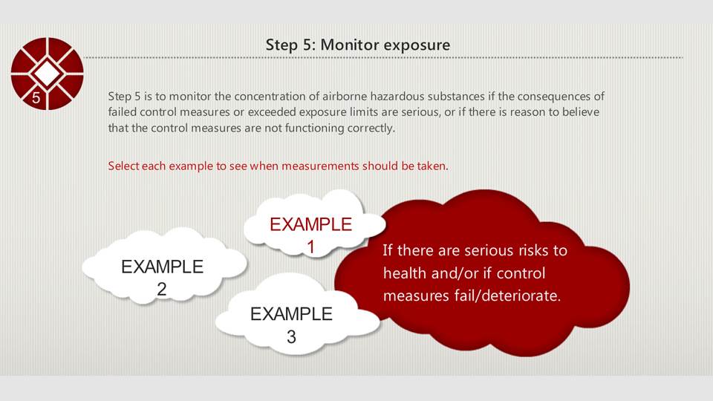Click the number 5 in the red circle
click(36, 97)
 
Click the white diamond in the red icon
click(47, 74)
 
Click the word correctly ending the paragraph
click(371, 128)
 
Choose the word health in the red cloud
click(404, 273)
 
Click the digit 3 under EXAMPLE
click(291, 337)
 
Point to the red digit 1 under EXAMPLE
click(311, 247)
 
